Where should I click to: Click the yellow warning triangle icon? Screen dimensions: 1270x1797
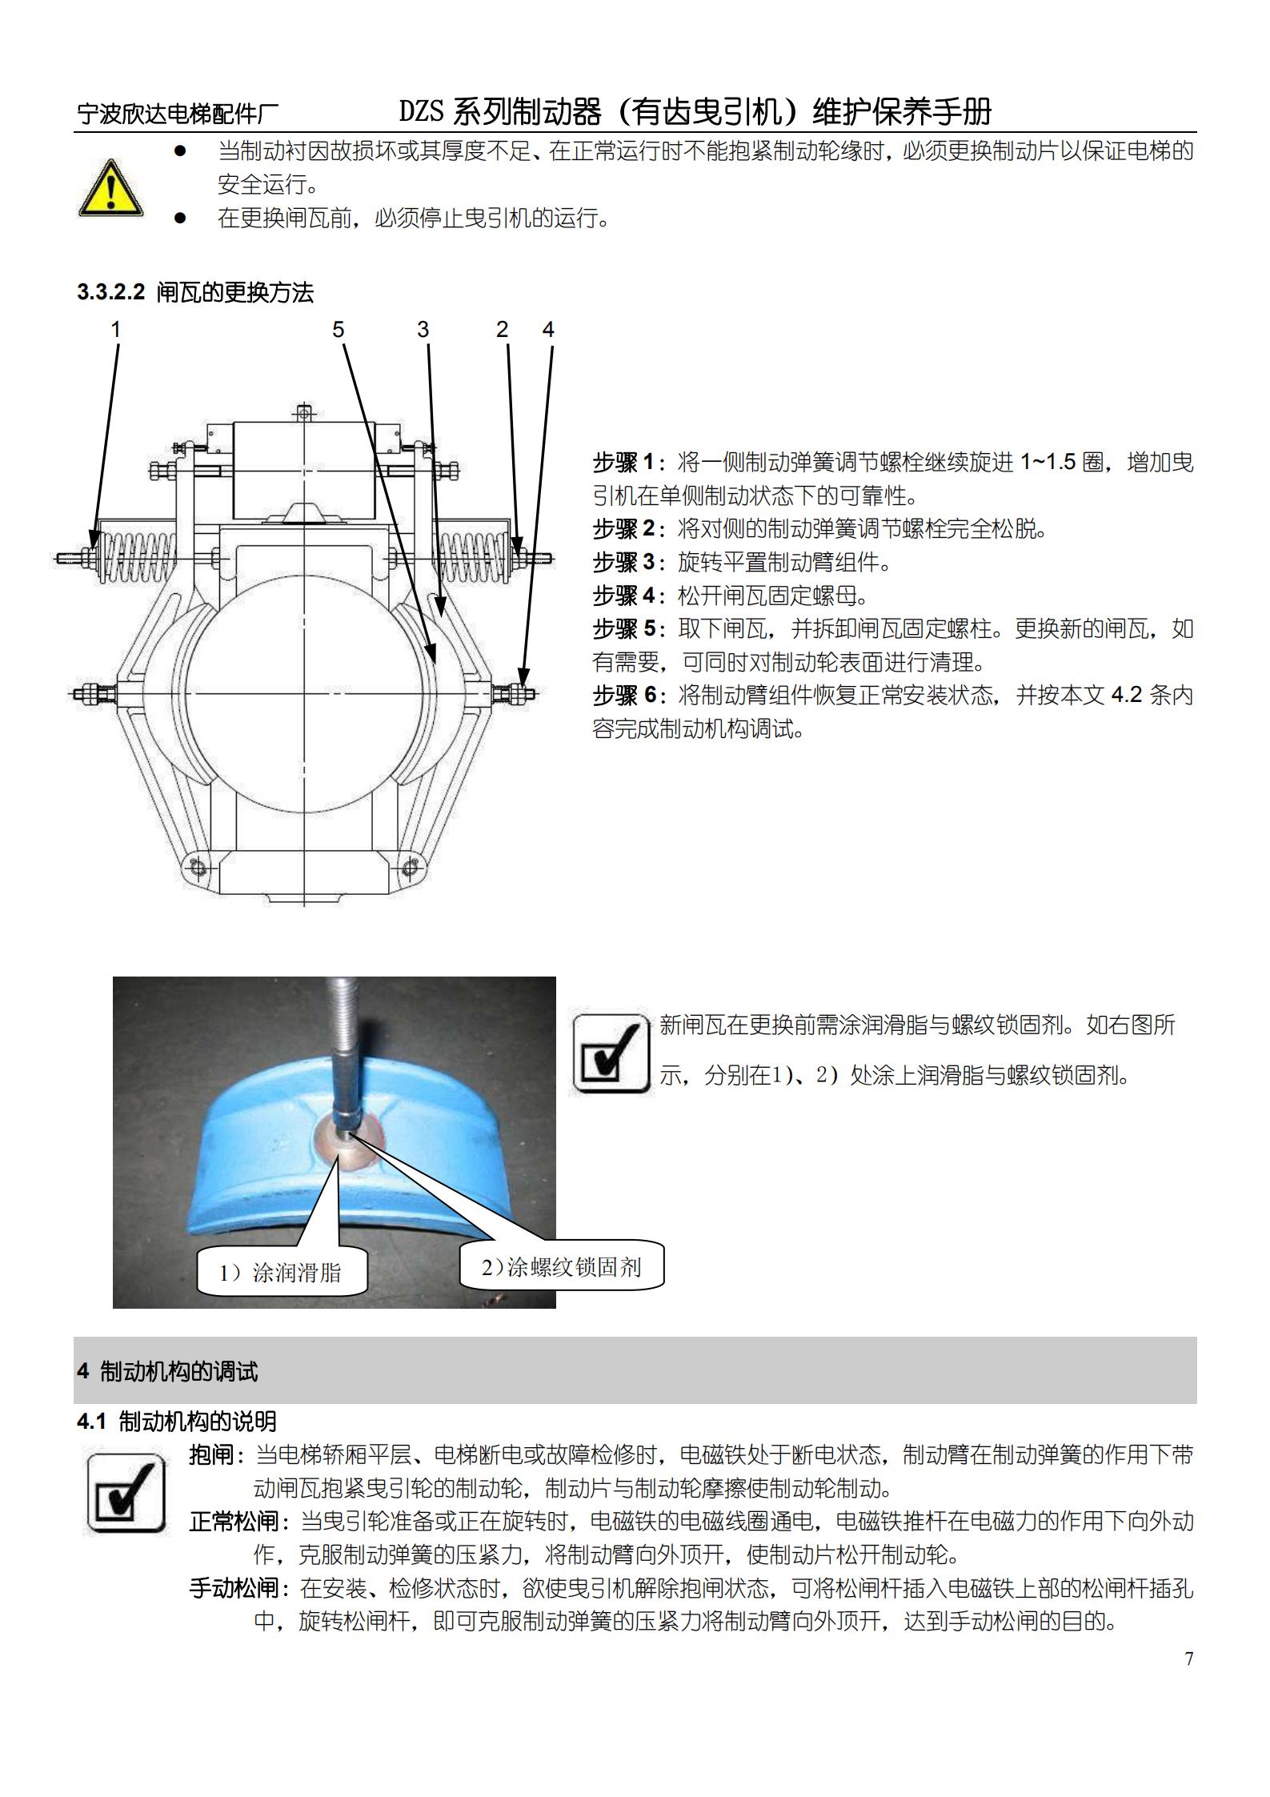point(111,188)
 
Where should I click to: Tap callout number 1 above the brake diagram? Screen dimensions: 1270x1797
point(116,329)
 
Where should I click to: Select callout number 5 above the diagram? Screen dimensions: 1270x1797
point(339,329)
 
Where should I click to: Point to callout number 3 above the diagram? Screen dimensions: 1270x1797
point(423,329)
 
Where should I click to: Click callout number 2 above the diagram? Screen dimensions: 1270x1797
point(503,329)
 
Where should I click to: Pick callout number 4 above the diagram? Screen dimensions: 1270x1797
point(548,329)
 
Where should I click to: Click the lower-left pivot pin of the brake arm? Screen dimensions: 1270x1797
point(197,867)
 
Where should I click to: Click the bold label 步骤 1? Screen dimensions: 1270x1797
point(624,463)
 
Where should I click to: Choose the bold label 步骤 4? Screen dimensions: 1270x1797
point(624,596)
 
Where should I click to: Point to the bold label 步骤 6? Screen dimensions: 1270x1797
point(624,696)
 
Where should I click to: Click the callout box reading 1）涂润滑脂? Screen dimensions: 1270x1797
point(282,1272)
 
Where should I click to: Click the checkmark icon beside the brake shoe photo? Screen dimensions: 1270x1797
point(611,1053)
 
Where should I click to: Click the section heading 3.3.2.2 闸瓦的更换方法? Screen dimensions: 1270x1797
point(195,292)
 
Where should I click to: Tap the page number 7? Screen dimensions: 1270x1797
point(1189,1659)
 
